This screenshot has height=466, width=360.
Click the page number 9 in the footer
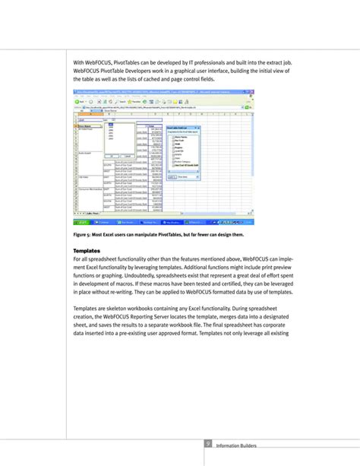[207, 445]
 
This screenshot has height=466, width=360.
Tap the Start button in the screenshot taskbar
[81, 223]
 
